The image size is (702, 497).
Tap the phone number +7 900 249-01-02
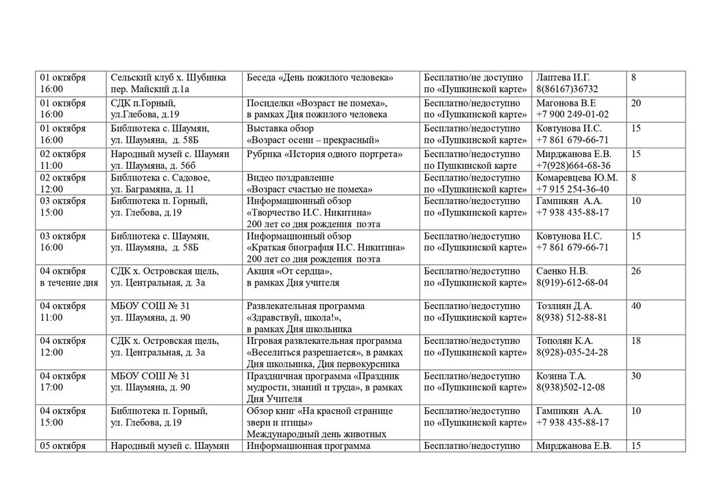pyautogui.click(x=572, y=114)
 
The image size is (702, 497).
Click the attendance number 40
pyautogui.click(x=636, y=305)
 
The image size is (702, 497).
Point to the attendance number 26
pyautogui.click(x=636, y=271)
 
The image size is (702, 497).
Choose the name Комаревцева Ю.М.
pyautogui.click(x=577, y=177)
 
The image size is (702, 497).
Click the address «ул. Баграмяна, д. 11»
pyautogui.click(x=152, y=189)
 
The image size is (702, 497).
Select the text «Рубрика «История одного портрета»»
pyautogui.click(x=324, y=154)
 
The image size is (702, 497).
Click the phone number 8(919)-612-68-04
pyautogui.click(x=572, y=283)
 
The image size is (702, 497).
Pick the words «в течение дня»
pyautogui.click(x=69, y=283)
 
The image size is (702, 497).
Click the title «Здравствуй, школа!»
pyautogui.click(x=294, y=317)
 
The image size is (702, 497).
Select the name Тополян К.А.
pyautogui.click(x=565, y=340)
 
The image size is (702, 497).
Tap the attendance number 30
pyautogui.click(x=636, y=375)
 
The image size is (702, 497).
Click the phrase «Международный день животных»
pyautogui.click(x=316, y=434)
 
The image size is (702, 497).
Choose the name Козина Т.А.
pyautogui.click(x=562, y=375)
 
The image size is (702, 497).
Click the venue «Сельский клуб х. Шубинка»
pyautogui.click(x=168, y=78)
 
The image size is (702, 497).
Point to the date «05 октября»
pyautogui.click(x=62, y=446)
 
